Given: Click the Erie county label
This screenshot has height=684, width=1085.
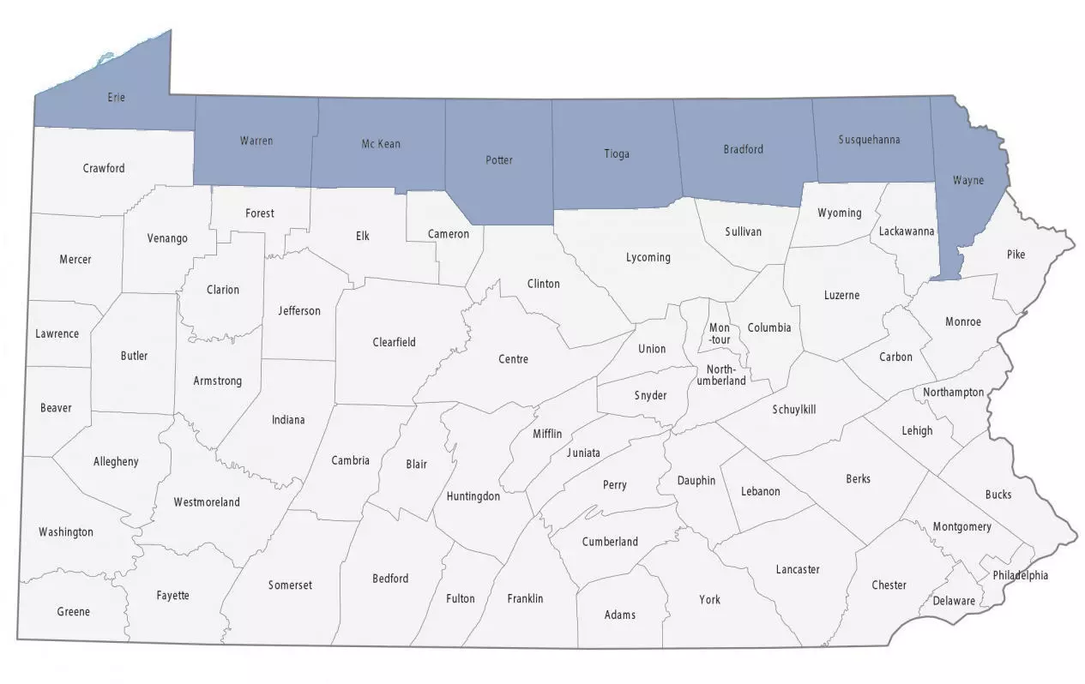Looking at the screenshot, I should (x=116, y=98).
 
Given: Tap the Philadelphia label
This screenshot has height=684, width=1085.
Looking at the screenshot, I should (x=1020, y=575).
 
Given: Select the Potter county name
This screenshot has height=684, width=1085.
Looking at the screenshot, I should (x=498, y=160).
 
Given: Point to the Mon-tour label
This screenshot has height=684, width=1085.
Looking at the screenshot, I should (x=719, y=333).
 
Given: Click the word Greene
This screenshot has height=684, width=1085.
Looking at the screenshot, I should (x=73, y=612).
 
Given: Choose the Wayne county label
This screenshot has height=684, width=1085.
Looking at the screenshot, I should (x=967, y=181).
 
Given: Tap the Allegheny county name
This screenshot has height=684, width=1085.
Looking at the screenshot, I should (x=116, y=462).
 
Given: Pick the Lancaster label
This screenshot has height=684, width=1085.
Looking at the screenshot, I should (x=797, y=569).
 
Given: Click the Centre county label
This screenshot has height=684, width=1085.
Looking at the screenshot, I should (x=513, y=359).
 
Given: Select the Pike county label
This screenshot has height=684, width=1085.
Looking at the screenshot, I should (x=1016, y=255).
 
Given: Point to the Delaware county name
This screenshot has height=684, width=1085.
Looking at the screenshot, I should (x=954, y=601).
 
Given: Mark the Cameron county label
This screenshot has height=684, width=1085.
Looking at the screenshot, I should (x=449, y=234).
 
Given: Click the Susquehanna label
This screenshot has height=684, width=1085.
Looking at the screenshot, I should (x=869, y=140).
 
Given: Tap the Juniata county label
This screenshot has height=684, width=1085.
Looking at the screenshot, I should (x=583, y=453).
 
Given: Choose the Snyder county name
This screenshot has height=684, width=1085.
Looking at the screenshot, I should (x=650, y=395).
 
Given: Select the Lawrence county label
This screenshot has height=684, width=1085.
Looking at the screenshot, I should (x=57, y=334).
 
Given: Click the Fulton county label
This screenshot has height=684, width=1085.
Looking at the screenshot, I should (x=460, y=598).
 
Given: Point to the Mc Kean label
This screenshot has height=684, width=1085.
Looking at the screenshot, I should (x=381, y=144).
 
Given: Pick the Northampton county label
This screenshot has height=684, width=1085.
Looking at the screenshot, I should (x=953, y=393).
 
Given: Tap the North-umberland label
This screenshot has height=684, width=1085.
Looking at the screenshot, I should (x=720, y=375).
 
